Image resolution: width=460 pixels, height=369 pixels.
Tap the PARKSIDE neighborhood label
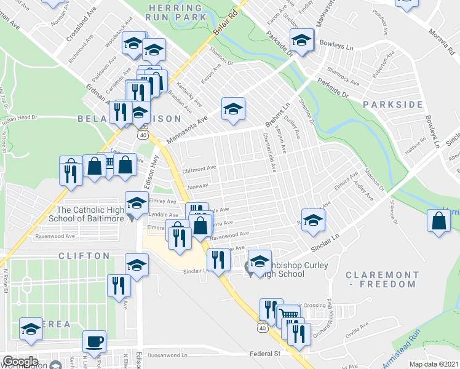[x=393, y=105]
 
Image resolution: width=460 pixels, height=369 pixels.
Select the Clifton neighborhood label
[x=84, y=255]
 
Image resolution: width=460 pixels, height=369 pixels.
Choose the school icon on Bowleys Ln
[x=301, y=41]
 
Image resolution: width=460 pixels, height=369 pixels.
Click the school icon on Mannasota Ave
[x=232, y=108]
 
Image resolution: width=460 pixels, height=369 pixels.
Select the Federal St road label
[x=265, y=354]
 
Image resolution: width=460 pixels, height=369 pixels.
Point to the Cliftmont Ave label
[x=199, y=167]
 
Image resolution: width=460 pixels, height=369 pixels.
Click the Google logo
[x=20, y=361]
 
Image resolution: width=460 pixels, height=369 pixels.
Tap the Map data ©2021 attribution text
[x=434, y=364]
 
